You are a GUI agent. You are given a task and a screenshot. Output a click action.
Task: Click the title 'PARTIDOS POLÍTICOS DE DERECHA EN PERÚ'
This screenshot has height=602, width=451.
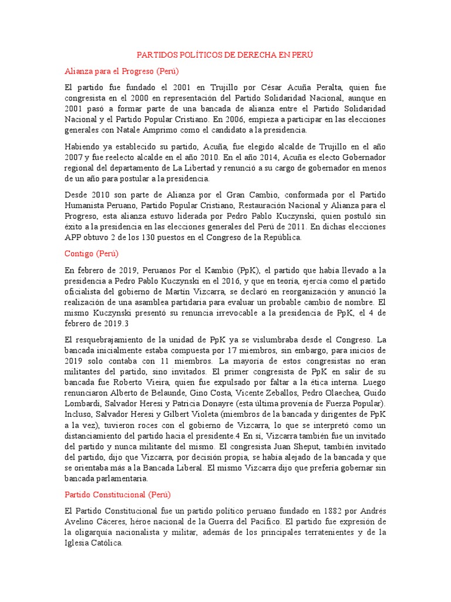[225, 55]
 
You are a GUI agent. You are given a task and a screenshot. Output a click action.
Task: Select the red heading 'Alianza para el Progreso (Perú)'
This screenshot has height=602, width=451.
[123, 71]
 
